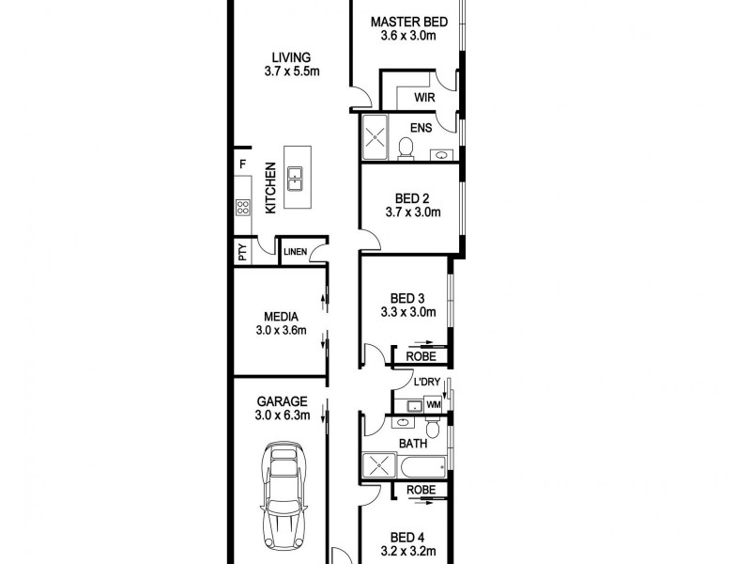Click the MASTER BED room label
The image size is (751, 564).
407,22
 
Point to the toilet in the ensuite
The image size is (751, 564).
406,149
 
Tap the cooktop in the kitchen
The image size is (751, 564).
243,207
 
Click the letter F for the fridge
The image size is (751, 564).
242,165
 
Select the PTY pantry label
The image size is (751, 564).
242,252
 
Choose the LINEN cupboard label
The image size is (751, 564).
295,252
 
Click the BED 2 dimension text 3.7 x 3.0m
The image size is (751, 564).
412,213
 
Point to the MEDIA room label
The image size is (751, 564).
281,316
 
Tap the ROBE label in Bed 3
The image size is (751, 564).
421,356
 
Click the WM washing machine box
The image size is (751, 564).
433,404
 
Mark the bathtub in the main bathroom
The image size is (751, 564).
423,465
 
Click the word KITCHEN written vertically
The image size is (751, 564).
269,187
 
